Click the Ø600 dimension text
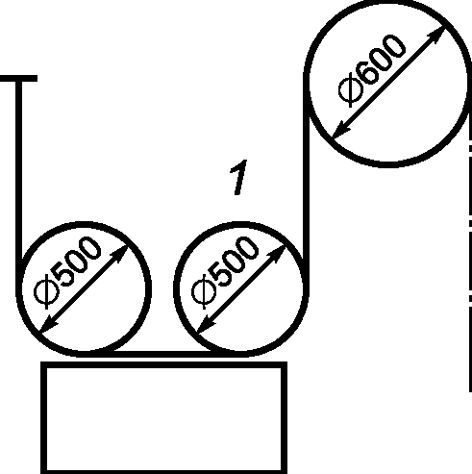[372, 70]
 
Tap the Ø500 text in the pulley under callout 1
[225, 272]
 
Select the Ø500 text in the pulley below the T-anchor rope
[67, 272]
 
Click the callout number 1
[238, 177]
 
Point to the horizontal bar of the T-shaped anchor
[18, 78]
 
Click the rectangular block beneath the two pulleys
[163, 418]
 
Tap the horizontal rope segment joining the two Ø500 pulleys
[162, 354]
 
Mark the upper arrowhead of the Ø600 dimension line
[437, 34]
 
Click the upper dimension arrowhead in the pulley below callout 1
[278, 254]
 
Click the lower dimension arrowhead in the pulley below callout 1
[206, 326]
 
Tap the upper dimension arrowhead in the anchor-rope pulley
[120, 254]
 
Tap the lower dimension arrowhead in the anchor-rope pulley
[48, 326]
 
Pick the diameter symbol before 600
[351, 90]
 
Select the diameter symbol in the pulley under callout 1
[204, 292]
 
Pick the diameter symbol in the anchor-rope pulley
[46, 292]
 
